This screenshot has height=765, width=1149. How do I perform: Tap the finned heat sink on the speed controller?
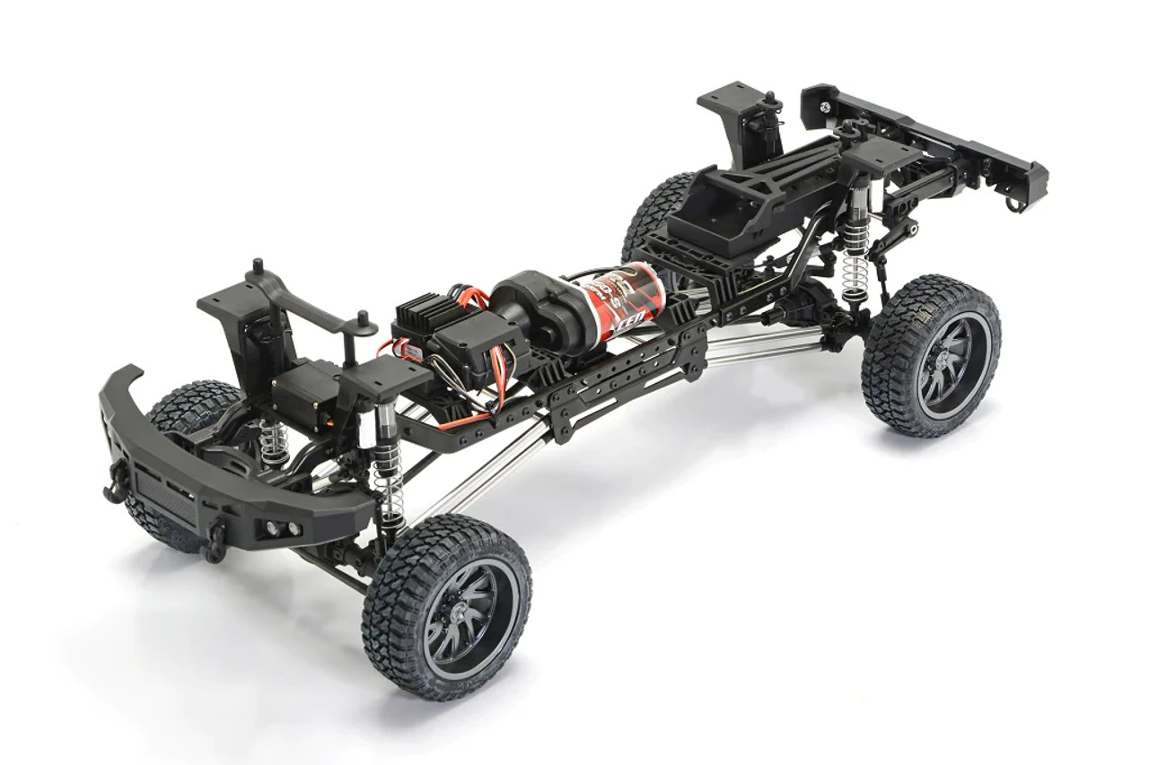pos(424,315)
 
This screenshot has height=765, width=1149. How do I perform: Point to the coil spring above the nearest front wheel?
pos(390,498)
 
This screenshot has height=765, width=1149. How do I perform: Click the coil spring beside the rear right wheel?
pos(855,260)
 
